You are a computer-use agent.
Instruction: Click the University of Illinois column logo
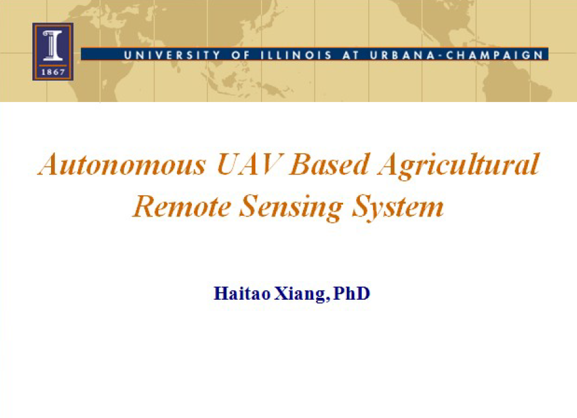coord(53,52)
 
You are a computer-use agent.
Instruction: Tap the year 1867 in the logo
coord(53,72)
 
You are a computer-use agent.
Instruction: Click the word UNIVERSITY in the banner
coord(172,55)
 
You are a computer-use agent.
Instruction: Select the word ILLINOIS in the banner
coord(296,55)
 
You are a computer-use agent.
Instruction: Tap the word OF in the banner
coord(240,55)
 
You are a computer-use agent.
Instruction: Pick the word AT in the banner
coord(351,55)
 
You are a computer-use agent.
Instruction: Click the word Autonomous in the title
coord(122,164)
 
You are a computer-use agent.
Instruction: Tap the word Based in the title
coord(330,164)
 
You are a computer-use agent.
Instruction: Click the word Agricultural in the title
coord(459,166)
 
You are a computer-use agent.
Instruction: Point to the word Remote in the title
coord(182,207)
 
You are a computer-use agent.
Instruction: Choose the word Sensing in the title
coord(291,208)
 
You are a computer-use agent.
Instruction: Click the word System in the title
coord(398,208)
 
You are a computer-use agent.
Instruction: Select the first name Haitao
coord(242,293)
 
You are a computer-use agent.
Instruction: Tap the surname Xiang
coord(300,295)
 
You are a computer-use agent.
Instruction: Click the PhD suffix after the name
coord(351,293)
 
